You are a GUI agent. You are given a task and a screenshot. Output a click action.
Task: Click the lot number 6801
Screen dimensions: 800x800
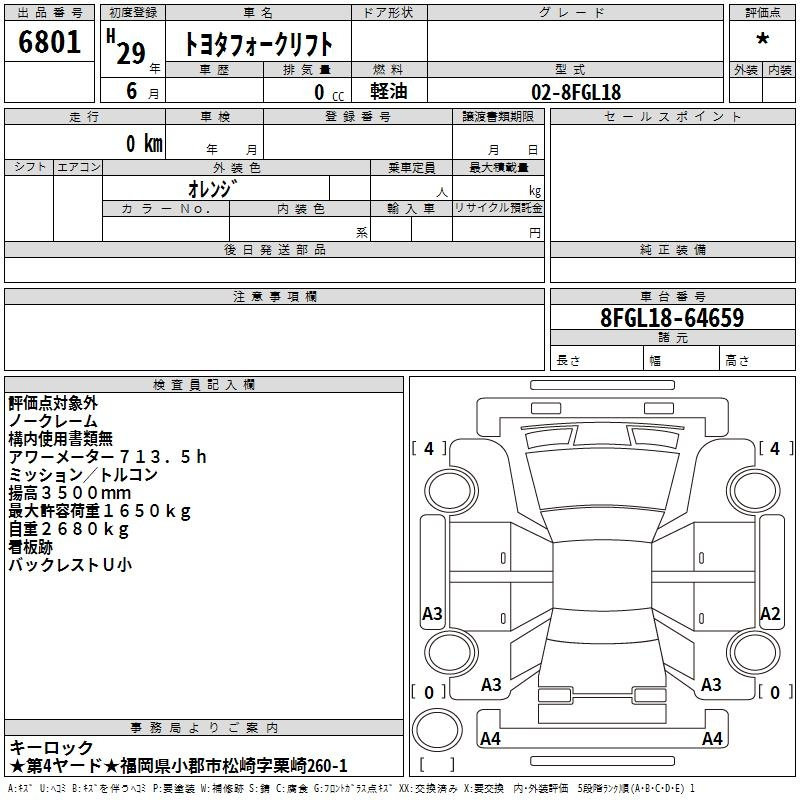point(49,41)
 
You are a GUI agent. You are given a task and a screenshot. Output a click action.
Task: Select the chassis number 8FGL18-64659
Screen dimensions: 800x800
point(672,317)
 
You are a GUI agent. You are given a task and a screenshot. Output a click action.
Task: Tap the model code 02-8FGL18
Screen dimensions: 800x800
point(576,92)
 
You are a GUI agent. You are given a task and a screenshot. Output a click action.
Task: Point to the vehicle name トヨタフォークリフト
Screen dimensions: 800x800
point(258,44)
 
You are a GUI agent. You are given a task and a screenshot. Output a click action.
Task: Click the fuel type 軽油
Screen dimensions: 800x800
point(389,91)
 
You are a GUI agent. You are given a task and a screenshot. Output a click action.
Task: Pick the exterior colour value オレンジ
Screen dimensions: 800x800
point(213,189)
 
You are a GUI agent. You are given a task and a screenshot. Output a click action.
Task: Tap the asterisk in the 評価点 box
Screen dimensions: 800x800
point(762,39)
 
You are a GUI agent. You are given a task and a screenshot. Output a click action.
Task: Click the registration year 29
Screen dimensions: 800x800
point(131,53)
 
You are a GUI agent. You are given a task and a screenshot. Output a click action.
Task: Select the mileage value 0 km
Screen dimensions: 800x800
point(145,143)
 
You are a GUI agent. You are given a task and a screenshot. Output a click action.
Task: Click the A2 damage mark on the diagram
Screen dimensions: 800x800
point(770,613)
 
